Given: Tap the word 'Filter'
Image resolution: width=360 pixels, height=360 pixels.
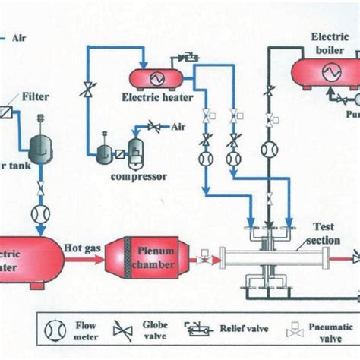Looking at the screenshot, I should (x=36, y=97).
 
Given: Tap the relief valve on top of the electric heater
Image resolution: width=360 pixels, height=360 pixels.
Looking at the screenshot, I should (x=185, y=58).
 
